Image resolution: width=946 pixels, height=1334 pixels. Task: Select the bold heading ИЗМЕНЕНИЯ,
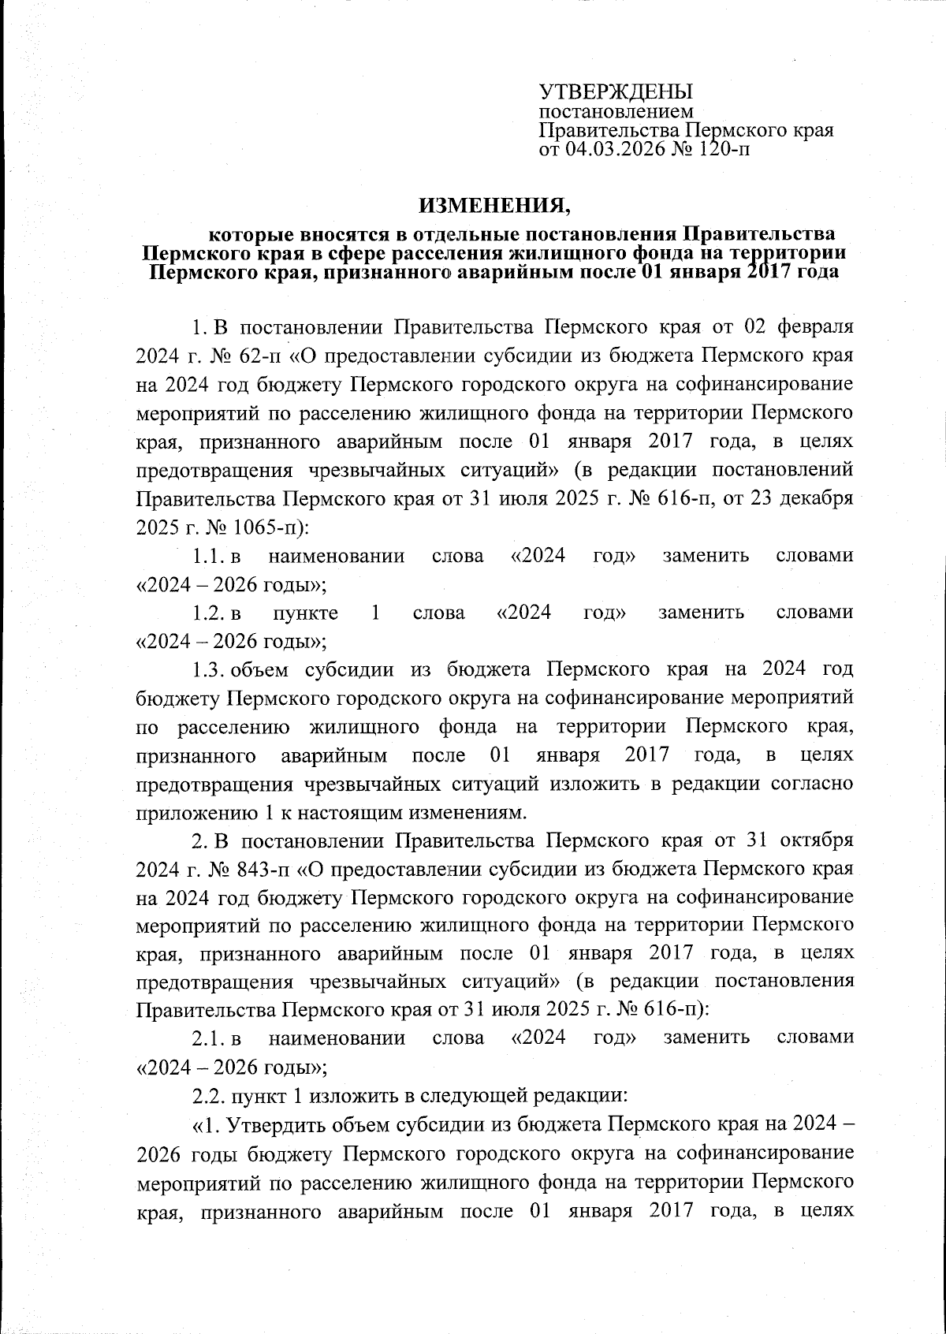[x=494, y=207]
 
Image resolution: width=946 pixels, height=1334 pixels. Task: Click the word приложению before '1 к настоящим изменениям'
[x=190, y=812]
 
